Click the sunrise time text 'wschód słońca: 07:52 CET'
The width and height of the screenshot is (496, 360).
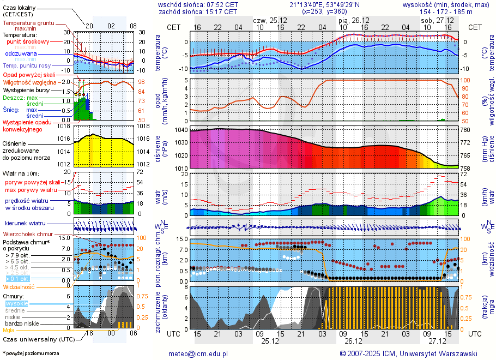pyautogui.click(x=198, y=4)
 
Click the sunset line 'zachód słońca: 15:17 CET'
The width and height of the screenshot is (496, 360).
pyautogui.click(x=198, y=11)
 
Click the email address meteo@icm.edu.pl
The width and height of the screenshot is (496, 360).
pyautogui.click(x=198, y=353)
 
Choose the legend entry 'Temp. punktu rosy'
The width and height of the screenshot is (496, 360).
pyautogui.click(x=27, y=65)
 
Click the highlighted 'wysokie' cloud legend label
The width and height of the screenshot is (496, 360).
pyautogui.click(x=16, y=303)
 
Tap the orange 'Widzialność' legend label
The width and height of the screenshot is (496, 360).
pyautogui.click(x=19, y=286)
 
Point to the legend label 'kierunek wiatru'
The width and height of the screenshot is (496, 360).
pyautogui.click(x=25, y=224)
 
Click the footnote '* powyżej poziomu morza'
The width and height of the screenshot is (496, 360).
pyautogui.click(x=31, y=353)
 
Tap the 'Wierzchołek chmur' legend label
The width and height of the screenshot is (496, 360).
pyautogui.click(x=28, y=234)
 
